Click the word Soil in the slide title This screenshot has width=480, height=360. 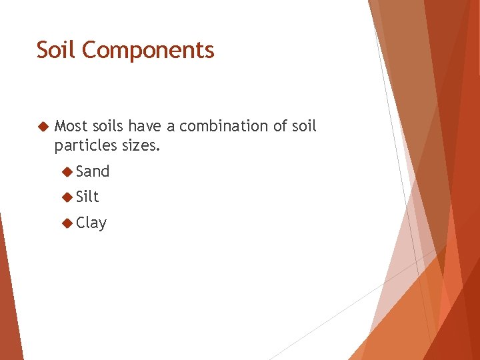point(57,50)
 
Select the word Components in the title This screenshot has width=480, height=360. point(149,51)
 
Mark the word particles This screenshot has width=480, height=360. point(83,145)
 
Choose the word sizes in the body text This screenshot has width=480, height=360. point(139,145)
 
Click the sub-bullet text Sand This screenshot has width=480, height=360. point(93,171)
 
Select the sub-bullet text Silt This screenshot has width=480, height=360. point(87,197)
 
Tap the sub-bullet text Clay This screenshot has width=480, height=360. point(91,223)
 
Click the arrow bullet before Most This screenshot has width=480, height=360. point(43,126)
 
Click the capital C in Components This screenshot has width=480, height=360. point(93,51)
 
